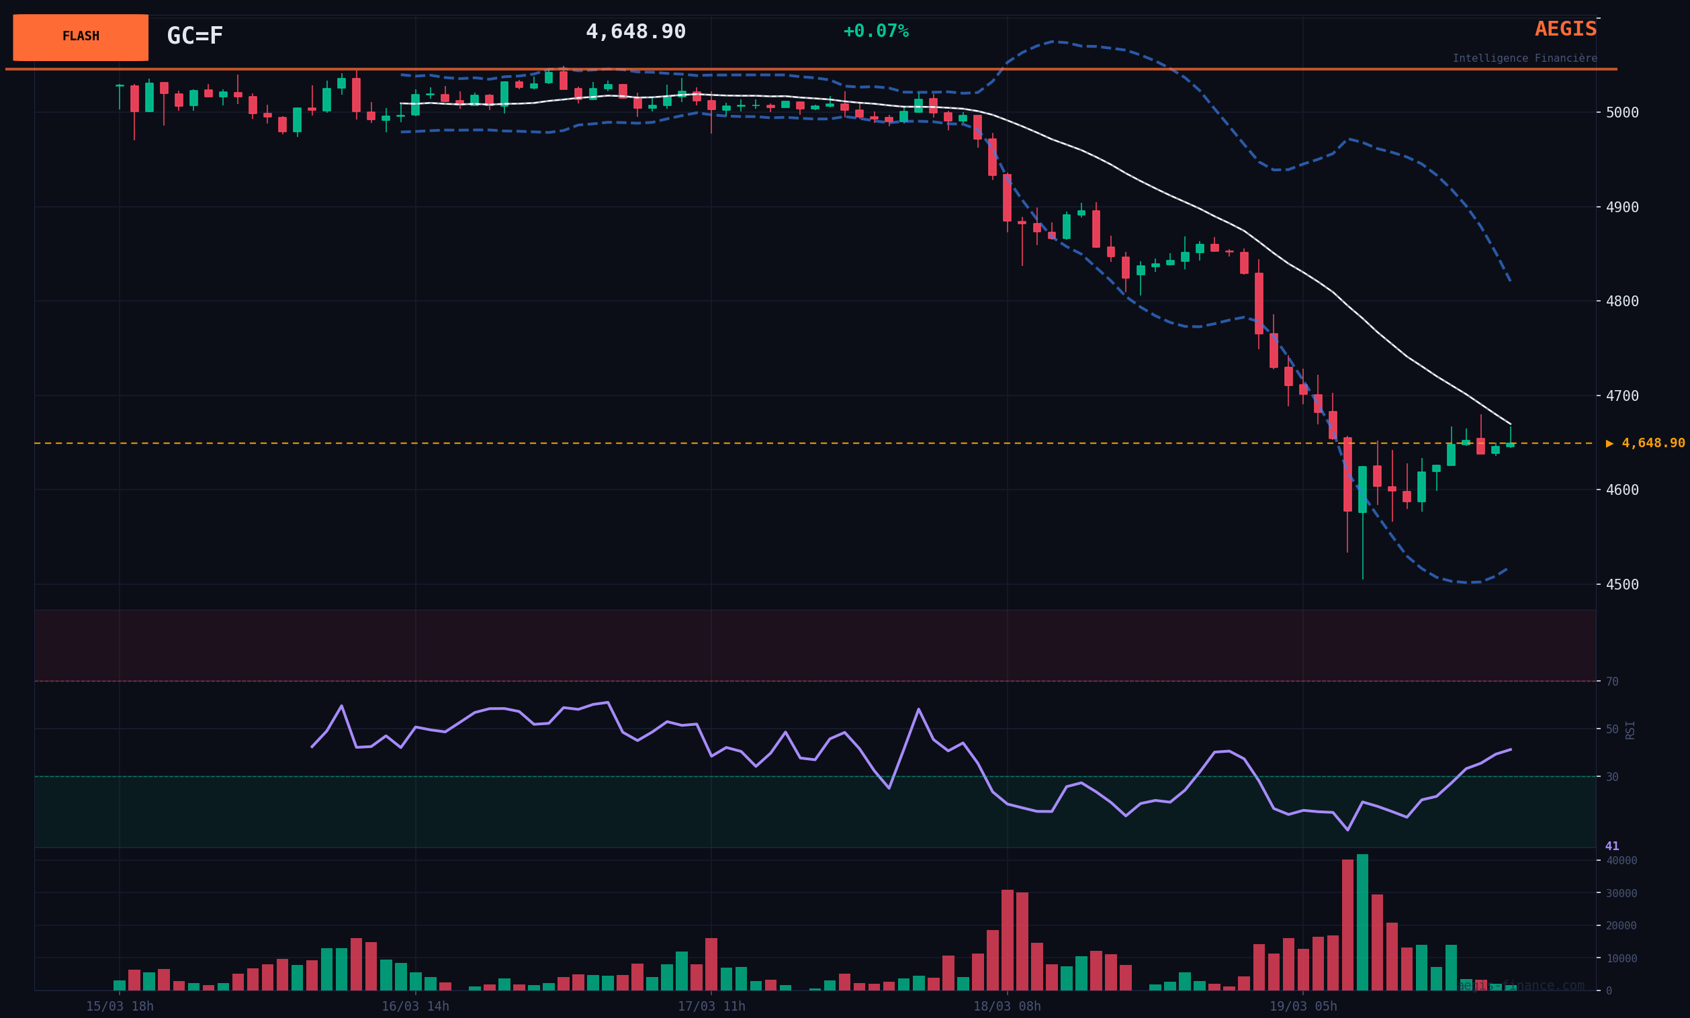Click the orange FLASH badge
pos(80,37)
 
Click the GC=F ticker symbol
pos(195,36)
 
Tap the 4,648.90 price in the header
pos(635,32)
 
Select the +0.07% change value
pos(875,31)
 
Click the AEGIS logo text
pos(1565,29)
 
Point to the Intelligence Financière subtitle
pos(1524,58)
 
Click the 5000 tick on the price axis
pos(1621,112)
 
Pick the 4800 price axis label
pos(1621,301)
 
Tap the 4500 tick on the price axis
pos(1621,585)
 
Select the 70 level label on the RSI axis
pos(1612,682)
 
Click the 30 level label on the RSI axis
pos(1612,777)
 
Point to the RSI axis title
pos(1630,729)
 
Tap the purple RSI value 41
pos(1612,846)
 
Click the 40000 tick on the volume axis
pos(1621,860)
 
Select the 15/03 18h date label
pos(120,1007)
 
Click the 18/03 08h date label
pos(1007,1007)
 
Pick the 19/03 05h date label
pos(1302,1007)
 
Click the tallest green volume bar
pos(1362,922)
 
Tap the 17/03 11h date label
pos(711,1007)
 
